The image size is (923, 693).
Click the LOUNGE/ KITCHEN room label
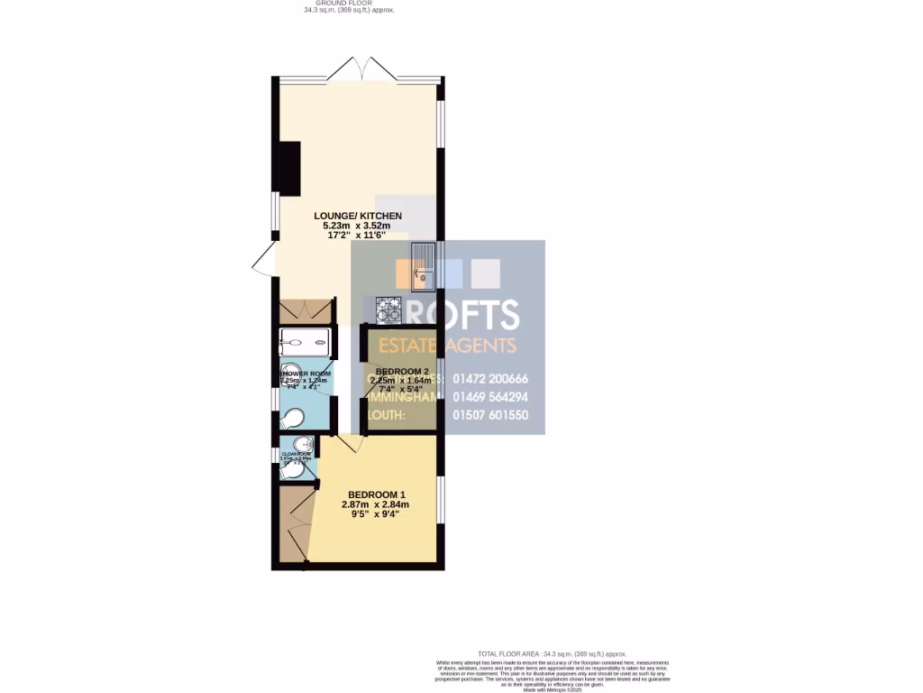pyautogui.click(x=358, y=216)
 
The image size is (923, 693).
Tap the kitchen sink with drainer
pyautogui.click(x=423, y=268)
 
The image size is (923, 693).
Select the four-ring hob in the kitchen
pyautogui.click(x=388, y=310)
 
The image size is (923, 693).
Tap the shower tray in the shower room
pyautogui.click(x=306, y=343)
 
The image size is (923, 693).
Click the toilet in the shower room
pyautogui.click(x=292, y=420)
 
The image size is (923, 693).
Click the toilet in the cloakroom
pyautogui.click(x=292, y=471)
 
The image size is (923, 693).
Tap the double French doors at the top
pyautogui.click(x=359, y=69)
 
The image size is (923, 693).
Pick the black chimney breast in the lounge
pyautogui.click(x=289, y=169)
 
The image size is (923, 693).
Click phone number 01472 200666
pyautogui.click(x=490, y=379)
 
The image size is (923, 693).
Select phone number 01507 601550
pyautogui.click(x=490, y=415)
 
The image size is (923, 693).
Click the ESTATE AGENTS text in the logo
pyautogui.click(x=446, y=346)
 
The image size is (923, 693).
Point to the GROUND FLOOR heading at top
pyautogui.click(x=350, y=4)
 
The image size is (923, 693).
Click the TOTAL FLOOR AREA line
pyautogui.click(x=552, y=653)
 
